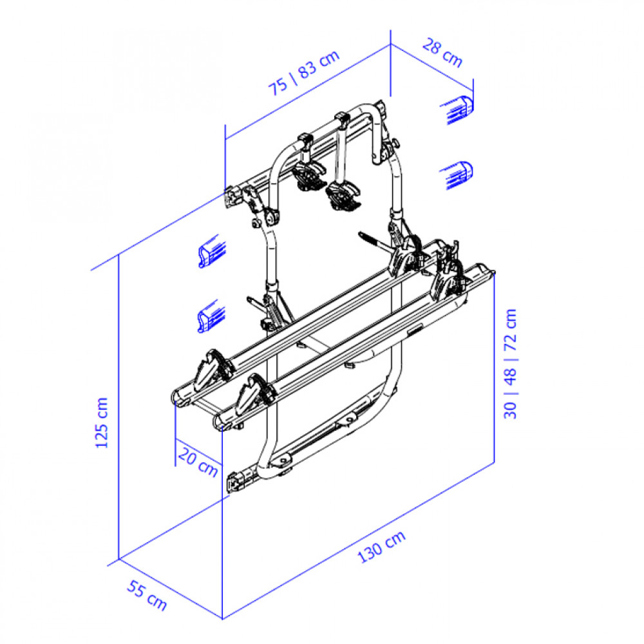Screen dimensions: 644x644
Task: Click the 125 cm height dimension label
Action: click(x=102, y=422)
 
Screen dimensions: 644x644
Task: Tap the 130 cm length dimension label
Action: click(x=381, y=547)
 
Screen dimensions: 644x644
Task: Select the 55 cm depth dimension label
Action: click(x=147, y=595)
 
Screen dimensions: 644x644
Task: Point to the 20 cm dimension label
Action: click(x=198, y=462)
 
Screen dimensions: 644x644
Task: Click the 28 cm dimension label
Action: click(x=443, y=53)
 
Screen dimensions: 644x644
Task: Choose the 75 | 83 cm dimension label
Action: click(x=304, y=73)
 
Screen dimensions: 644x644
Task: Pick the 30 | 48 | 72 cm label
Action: click(x=510, y=364)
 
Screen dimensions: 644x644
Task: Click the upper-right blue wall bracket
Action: click(x=457, y=109)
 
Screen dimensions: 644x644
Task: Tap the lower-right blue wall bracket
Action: click(x=457, y=175)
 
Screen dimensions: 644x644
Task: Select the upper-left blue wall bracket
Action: click(x=212, y=251)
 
